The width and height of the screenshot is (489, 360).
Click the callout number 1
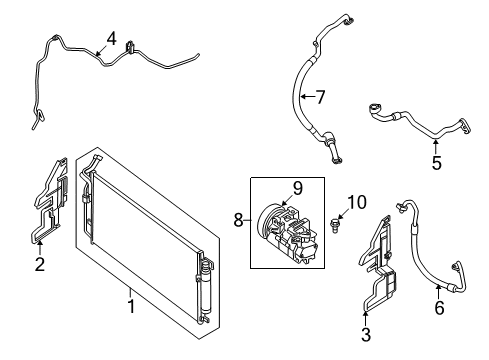131,306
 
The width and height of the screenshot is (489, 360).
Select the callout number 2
40,265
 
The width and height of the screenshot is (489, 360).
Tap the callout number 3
366,334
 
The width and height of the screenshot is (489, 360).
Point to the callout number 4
112,39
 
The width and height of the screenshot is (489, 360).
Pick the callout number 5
437,163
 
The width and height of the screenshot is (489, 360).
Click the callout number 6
439,307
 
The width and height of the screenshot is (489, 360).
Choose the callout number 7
320,97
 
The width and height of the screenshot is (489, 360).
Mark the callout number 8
239,220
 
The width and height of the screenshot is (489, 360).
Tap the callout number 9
297,188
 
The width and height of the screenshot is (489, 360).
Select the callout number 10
357,202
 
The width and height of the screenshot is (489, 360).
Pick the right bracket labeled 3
378,263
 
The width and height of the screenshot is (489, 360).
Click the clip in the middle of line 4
130,47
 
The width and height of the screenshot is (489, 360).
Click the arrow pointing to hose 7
307,97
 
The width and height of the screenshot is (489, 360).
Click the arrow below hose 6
438,292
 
